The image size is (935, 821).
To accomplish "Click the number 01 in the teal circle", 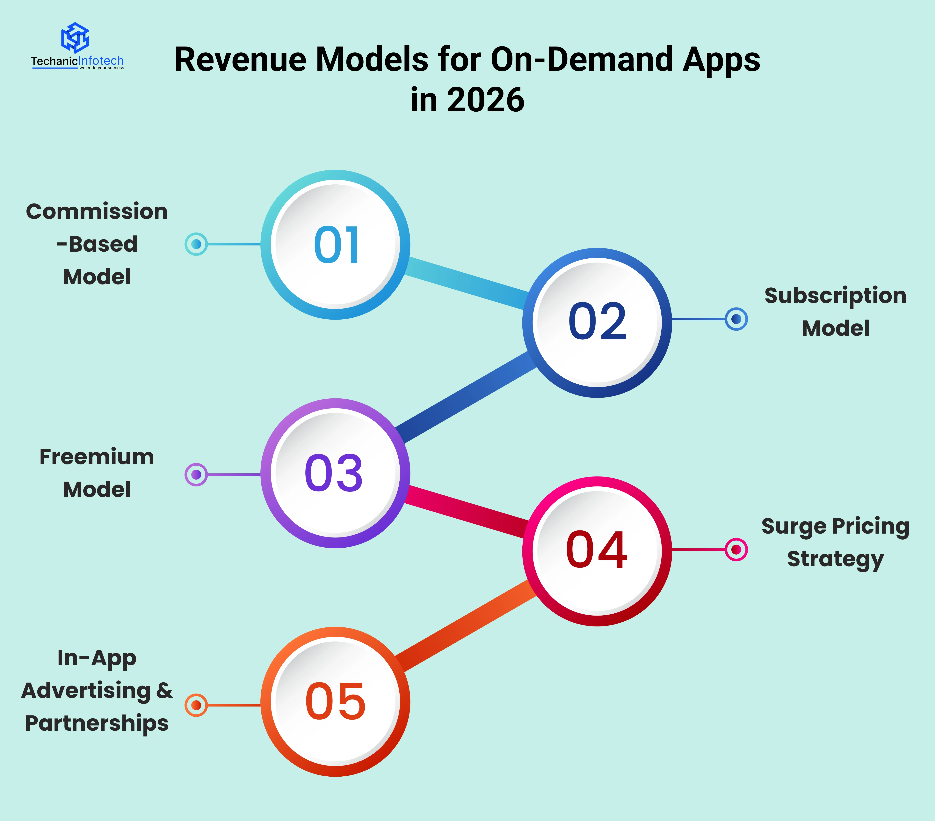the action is (x=337, y=245).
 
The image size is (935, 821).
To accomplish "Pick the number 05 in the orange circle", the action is (x=335, y=702).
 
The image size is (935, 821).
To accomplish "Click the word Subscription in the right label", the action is (x=835, y=296).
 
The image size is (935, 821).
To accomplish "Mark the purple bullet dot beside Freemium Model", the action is (x=196, y=475).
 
